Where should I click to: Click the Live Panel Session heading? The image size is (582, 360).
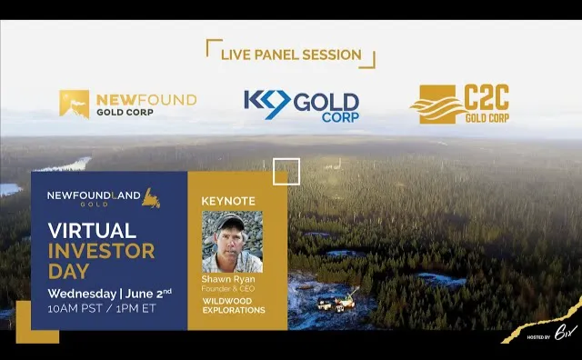pos(290,55)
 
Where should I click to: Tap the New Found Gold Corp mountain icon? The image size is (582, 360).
pos(74,104)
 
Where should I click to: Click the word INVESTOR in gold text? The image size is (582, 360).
pos(93,251)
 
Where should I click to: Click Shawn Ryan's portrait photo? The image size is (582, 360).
pos(232,241)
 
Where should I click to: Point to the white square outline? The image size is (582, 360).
pos(286,171)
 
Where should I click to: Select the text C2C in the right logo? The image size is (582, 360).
pos(488,97)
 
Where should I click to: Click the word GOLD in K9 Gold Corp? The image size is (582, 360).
pos(326,101)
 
